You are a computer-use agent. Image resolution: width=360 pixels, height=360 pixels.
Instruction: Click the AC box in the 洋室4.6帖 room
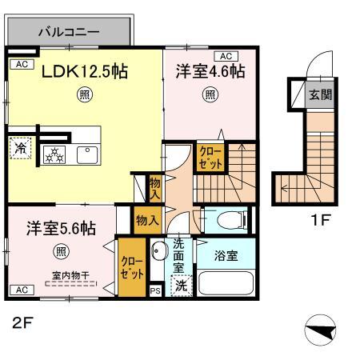226,56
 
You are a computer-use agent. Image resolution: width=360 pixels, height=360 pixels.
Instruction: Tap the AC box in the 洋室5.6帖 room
21,289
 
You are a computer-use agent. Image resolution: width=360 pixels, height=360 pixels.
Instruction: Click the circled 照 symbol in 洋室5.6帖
62,252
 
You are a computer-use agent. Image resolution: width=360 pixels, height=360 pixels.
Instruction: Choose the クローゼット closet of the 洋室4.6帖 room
210,154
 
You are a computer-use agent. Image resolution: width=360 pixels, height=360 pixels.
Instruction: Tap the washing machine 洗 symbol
182,283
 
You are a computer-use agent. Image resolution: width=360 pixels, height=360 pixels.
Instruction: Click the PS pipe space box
155,291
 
